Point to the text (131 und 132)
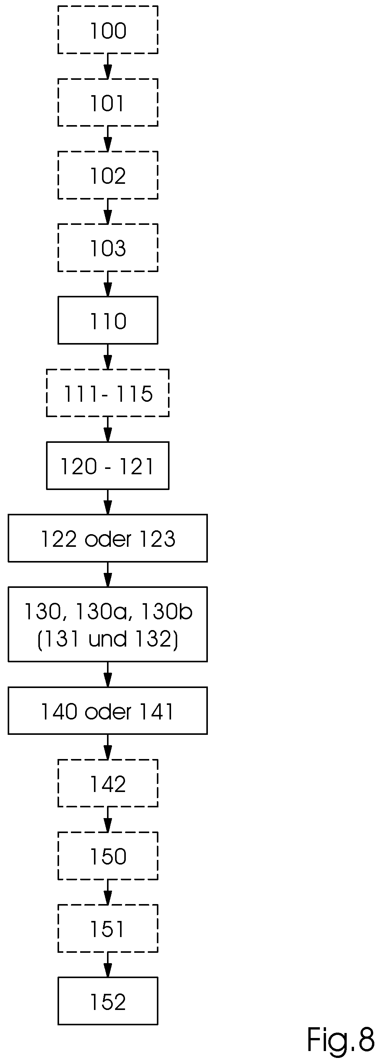point(108,639)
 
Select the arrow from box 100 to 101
point(108,66)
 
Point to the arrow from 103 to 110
point(108,284)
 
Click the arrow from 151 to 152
point(108,965)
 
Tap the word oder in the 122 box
point(108,539)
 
